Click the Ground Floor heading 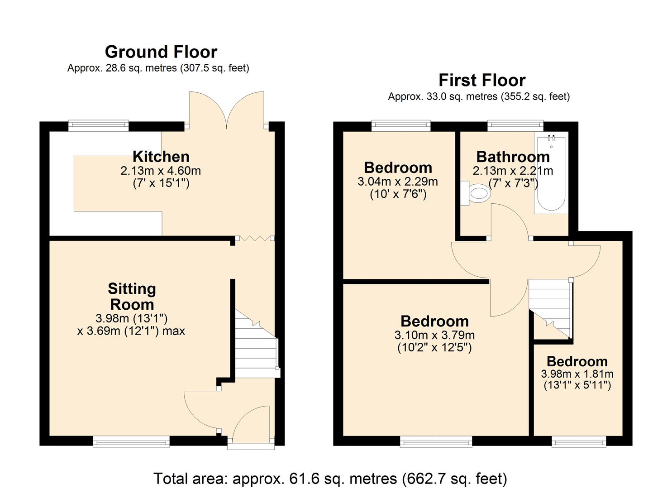161,52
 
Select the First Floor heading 482,80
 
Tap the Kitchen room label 161,157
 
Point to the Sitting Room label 132,297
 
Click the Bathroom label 513,157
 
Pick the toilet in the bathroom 476,193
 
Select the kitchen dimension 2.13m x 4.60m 161,171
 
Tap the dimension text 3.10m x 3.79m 435,335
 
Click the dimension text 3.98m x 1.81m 577,374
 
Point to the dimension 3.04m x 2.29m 398,182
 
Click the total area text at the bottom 330,479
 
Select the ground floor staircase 257,344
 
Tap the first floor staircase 551,309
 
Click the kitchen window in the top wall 98,126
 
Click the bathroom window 515,126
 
